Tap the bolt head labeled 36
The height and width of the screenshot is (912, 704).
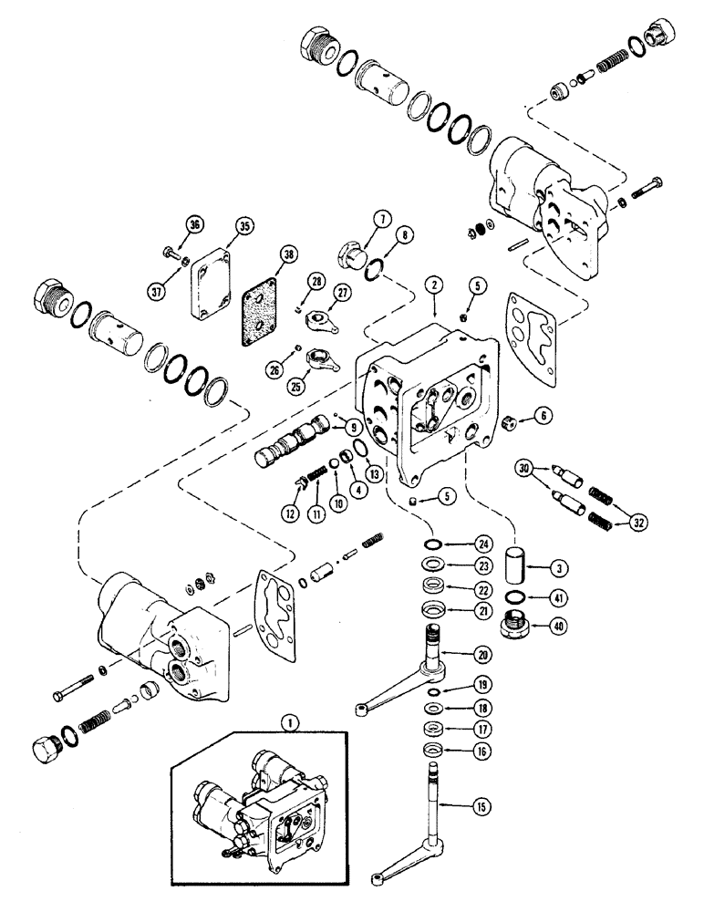(171, 252)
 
